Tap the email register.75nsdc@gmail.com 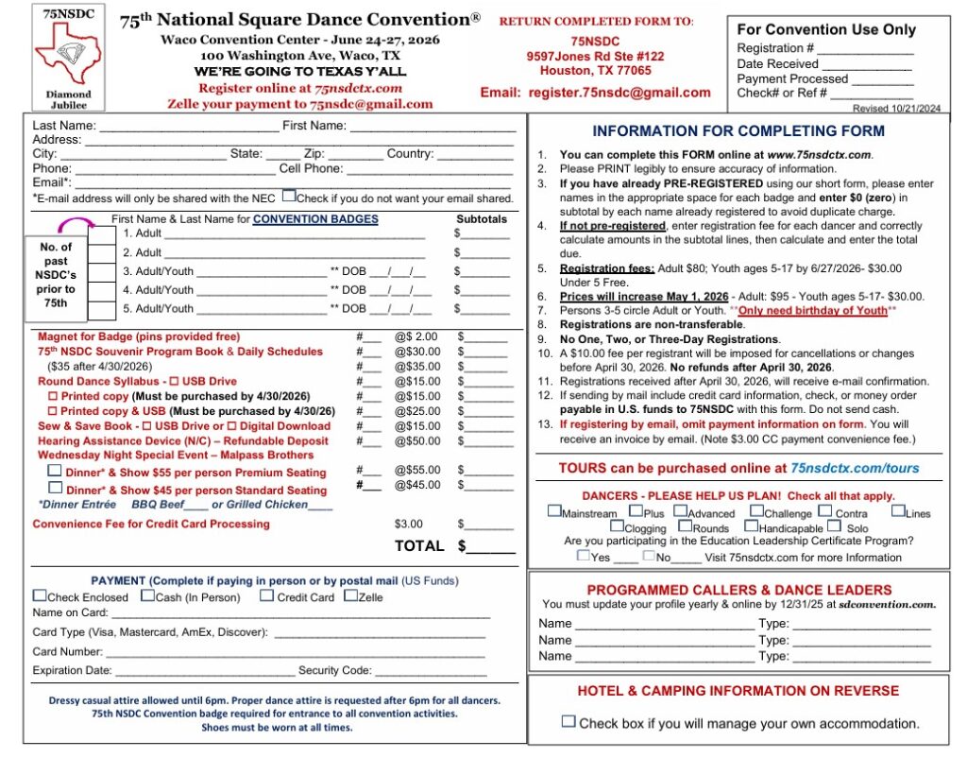(x=619, y=93)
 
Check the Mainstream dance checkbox (x=553, y=512)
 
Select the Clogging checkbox (x=617, y=527)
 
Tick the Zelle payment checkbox (x=350, y=595)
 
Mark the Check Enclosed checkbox (x=39, y=595)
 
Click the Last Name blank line (x=189, y=127)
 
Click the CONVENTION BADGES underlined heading (x=315, y=219)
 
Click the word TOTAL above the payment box (x=418, y=545)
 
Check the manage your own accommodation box (x=568, y=721)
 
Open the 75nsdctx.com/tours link (x=855, y=468)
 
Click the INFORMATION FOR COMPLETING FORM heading (x=738, y=131)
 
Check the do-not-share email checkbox (x=289, y=198)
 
